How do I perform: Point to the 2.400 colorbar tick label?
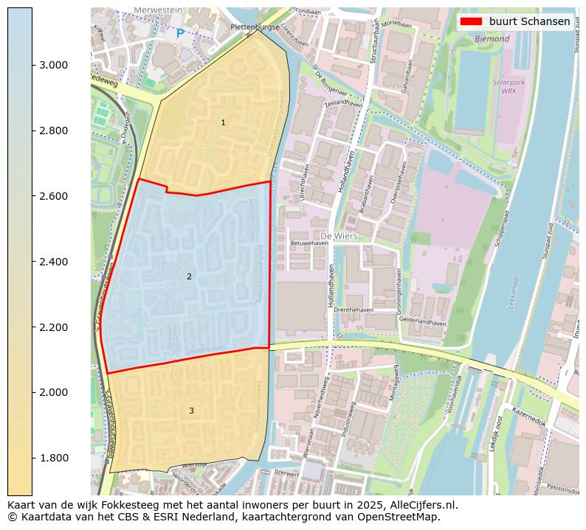54,262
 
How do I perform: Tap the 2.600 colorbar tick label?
54,196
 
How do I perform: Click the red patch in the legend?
471,21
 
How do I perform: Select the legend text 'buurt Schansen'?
529,21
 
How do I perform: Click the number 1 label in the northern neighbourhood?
223,122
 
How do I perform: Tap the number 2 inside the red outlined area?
189,276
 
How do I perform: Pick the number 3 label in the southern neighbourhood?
191,411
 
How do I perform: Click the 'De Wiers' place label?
340,236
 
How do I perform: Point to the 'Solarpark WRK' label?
509,87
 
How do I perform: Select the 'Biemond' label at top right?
492,38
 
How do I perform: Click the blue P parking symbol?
180,34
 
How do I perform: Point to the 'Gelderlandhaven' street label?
423,323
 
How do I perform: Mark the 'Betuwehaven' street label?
309,243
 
